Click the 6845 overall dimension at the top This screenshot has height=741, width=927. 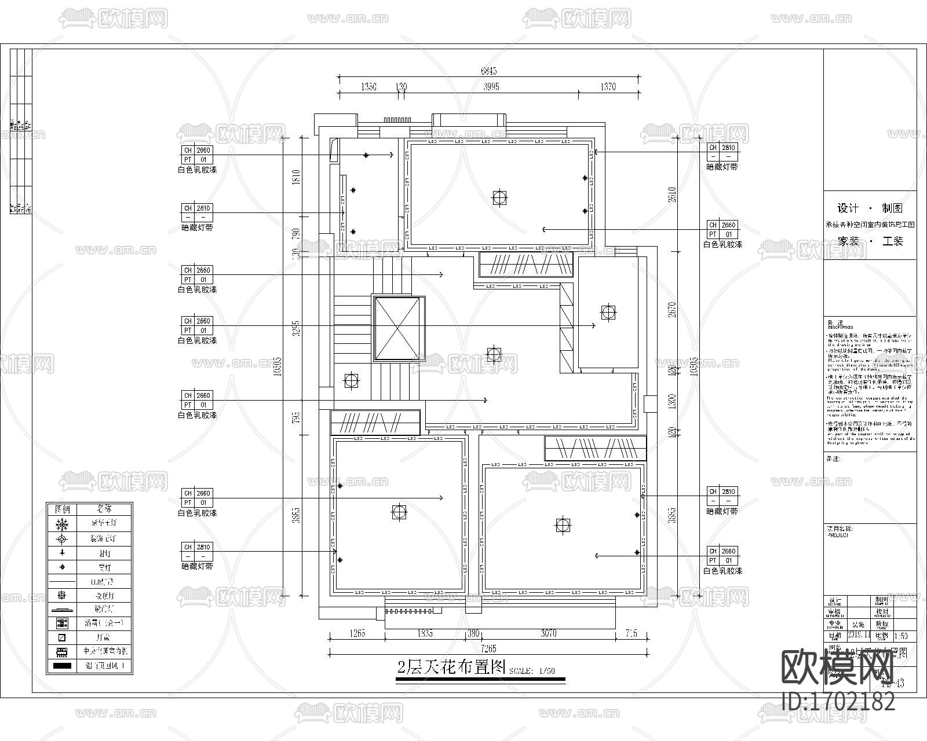[x=489, y=71]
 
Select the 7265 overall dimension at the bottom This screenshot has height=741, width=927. [x=488, y=648]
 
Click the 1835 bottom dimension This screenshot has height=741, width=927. [x=424, y=633]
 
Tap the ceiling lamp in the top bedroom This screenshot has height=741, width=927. [x=499, y=198]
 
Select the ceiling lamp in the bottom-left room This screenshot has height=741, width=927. [x=399, y=512]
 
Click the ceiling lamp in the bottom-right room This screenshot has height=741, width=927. [x=562, y=526]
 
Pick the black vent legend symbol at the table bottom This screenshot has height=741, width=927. [x=62, y=666]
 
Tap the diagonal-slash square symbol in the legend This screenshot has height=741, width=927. [x=62, y=637]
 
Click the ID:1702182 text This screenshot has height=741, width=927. [x=838, y=702]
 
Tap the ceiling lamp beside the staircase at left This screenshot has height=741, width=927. [x=351, y=380]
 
